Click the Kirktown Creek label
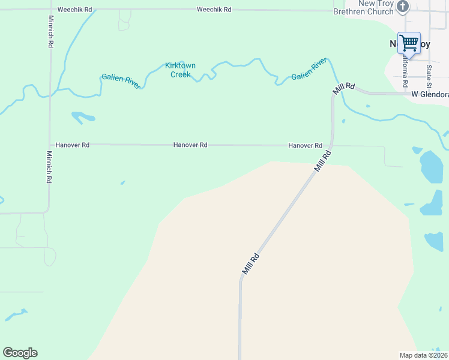[x=180, y=70]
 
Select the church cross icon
[x=403, y=7]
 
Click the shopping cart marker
[x=409, y=43]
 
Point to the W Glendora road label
[x=430, y=95]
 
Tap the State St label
[x=429, y=76]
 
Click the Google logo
[x=20, y=353]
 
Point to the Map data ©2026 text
[x=423, y=355]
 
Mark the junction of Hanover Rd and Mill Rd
[x=333, y=145]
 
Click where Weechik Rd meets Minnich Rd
[x=50, y=10]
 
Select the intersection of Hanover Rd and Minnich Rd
[x=50, y=145]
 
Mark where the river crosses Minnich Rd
[x=50, y=94]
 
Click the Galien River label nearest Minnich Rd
[x=121, y=80]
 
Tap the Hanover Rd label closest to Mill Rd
[x=305, y=146]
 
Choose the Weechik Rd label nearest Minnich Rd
[x=75, y=10]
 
